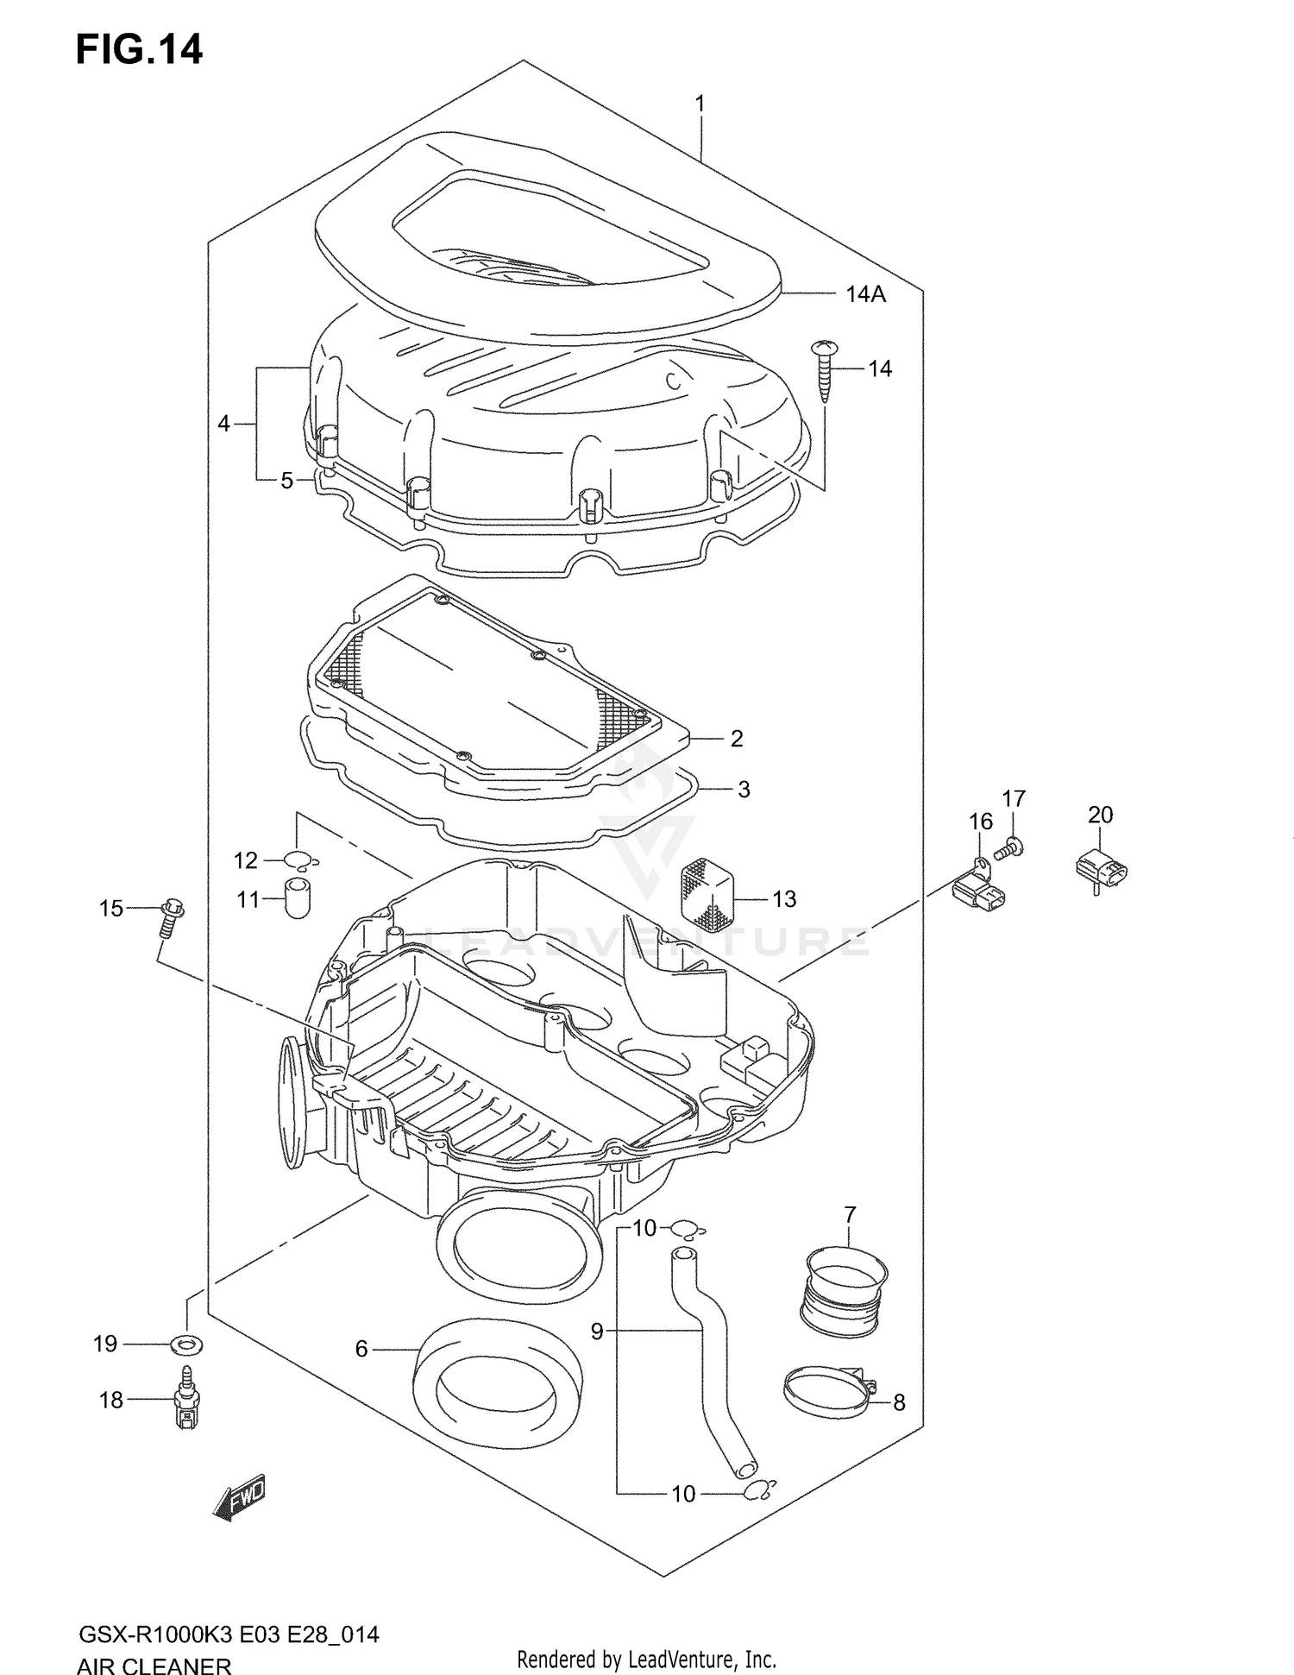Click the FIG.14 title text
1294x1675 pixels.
pyautogui.click(x=139, y=50)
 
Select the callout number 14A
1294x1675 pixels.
pyautogui.click(x=865, y=294)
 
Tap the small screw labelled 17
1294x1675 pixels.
pyautogui.click(x=1009, y=851)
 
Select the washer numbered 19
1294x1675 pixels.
pyautogui.click(x=187, y=1344)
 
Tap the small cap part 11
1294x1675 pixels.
pyautogui.click(x=298, y=897)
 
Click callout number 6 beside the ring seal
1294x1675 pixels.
pyautogui.click(x=361, y=1348)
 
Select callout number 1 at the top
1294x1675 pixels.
pyautogui.click(x=700, y=104)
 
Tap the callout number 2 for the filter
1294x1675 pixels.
pyautogui.click(x=736, y=739)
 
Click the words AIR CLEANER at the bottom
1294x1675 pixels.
pyautogui.click(x=154, y=1666)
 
